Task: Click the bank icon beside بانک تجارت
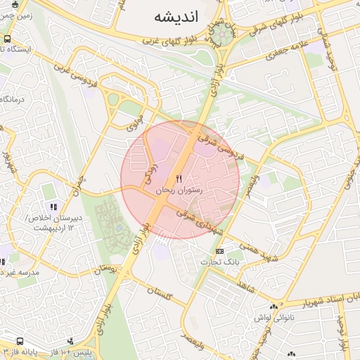coord(220,251)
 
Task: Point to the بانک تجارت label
coord(220,262)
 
